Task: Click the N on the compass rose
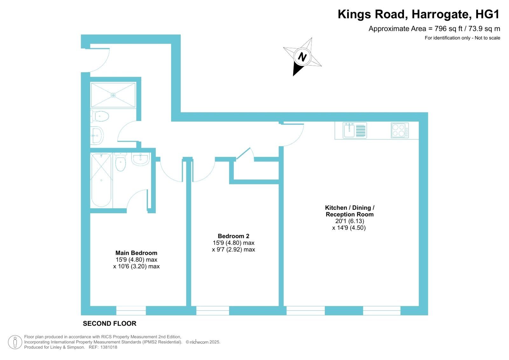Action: point(302,57)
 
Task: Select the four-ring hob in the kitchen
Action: point(400,130)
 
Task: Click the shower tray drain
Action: point(113,95)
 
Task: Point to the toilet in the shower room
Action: point(100,117)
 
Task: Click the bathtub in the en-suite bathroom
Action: point(101,180)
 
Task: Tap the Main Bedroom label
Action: point(136,253)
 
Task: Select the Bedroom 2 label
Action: point(234,236)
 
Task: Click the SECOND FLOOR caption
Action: point(109,323)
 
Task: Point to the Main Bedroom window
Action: point(131,311)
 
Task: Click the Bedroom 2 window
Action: point(213,311)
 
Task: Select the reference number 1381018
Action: point(109,347)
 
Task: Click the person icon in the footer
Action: point(15,342)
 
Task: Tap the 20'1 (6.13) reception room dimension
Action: point(350,221)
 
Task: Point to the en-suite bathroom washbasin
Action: point(140,159)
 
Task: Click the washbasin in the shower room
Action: point(97,136)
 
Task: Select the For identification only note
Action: point(463,38)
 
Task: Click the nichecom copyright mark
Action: point(203,342)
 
